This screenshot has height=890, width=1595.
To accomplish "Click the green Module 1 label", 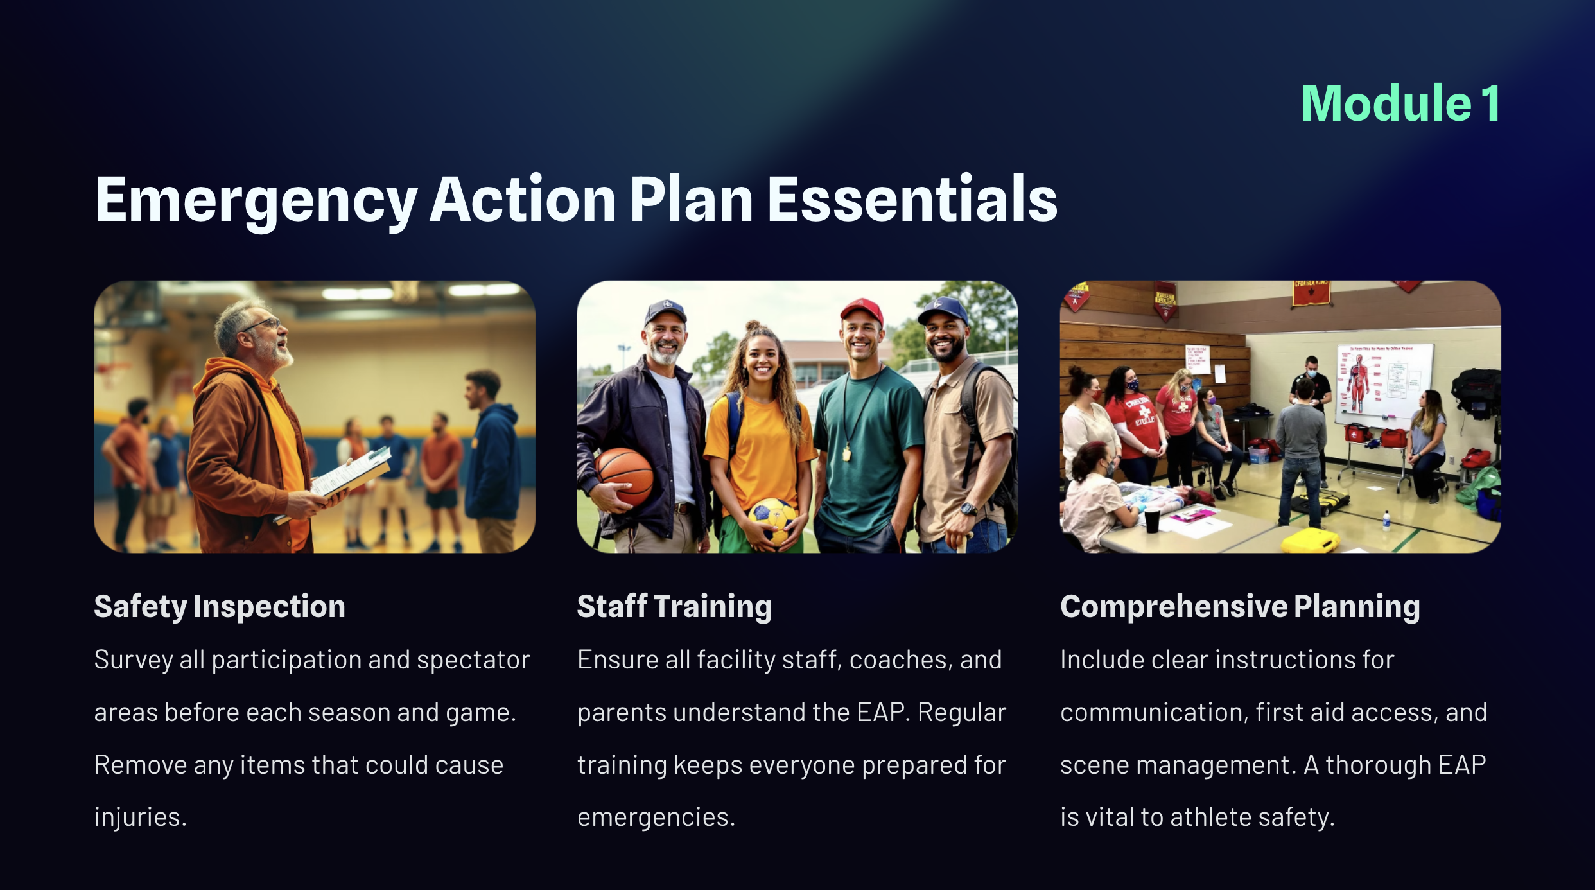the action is tap(1400, 103).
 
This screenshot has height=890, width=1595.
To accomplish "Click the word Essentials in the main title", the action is tap(912, 200).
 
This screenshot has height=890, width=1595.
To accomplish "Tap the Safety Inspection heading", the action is tap(220, 607).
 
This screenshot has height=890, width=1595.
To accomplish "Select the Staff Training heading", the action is tap(674, 607).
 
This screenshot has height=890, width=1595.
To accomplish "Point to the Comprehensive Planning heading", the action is tap(1240, 607).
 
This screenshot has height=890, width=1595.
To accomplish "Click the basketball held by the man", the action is tap(622, 476).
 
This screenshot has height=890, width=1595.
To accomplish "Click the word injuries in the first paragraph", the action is tap(141, 817).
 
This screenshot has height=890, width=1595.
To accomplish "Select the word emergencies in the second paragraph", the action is tap(656, 817).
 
